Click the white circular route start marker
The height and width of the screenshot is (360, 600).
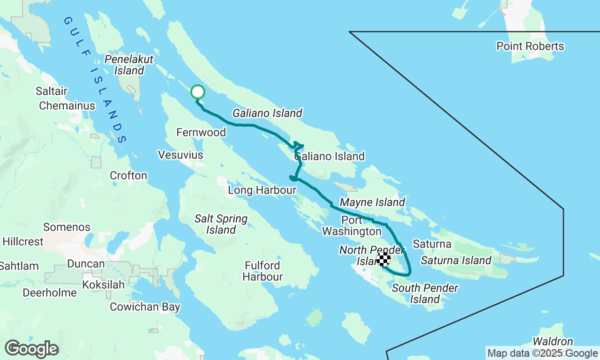pyautogui.click(x=198, y=92)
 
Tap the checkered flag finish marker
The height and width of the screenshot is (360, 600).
pyautogui.click(x=384, y=259)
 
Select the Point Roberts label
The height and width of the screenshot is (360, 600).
pyautogui.click(x=530, y=46)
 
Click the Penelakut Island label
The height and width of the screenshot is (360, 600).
pyautogui.click(x=128, y=65)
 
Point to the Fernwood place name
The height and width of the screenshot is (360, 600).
pyautogui.click(x=201, y=133)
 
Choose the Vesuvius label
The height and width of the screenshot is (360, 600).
pyautogui.click(x=180, y=155)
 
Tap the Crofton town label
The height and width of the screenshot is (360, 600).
pyautogui.click(x=128, y=176)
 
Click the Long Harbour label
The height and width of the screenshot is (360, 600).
pyautogui.click(x=262, y=190)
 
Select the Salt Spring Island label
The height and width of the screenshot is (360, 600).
pyautogui.click(x=221, y=224)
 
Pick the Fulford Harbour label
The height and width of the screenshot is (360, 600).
pyautogui.click(x=262, y=271)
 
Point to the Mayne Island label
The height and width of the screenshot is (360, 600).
pyautogui.click(x=372, y=202)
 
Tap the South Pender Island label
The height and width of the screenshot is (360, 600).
pyautogui.click(x=425, y=293)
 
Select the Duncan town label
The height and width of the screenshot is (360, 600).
pyautogui.click(x=86, y=264)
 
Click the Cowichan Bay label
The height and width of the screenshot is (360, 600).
pyautogui.click(x=145, y=307)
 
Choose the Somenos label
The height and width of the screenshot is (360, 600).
pyautogui.click(x=67, y=227)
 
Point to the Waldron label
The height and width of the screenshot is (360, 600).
pyautogui.click(x=553, y=342)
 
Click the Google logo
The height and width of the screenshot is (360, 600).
pyautogui.click(x=31, y=349)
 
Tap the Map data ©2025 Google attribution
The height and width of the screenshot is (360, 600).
pyautogui.click(x=542, y=353)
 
